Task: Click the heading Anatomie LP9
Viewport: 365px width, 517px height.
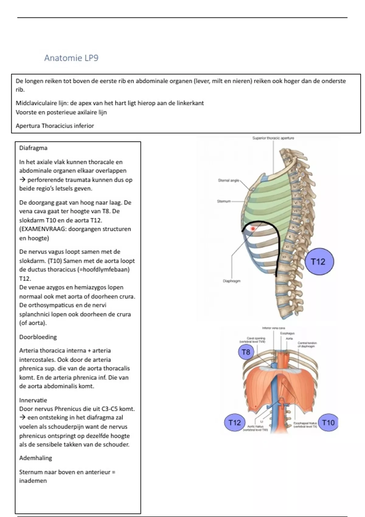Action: pyautogui.click(x=71, y=58)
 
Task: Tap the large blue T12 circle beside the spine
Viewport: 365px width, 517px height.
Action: pyautogui.click(x=318, y=262)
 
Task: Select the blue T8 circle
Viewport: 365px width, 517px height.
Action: pyautogui.click(x=246, y=352)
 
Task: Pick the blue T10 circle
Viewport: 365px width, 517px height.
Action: pyautogui.click(x=328, y=422)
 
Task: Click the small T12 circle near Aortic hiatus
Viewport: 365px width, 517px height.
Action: pyautogui.click(x=235, y=422)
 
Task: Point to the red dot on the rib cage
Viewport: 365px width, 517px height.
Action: pyautogui.click(x=253, y=228)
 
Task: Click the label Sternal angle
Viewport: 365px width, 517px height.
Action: pyautogui.click(x=228, y=180)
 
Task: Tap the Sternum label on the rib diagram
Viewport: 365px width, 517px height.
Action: pyautogui.click(x=224, y=201)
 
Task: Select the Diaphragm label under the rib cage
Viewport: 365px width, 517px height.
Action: pyautogui.click(x=231, y=281)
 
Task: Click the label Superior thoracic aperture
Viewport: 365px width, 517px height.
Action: pyautogui.click(x=273, y=138)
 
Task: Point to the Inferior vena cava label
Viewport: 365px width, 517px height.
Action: pyautogui.click(x=273, y=328)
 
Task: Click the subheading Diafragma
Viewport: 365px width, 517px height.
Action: pyautogui.click(x=33, y=148)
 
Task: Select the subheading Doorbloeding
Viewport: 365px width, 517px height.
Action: pyautogui.click(x=38, y=337)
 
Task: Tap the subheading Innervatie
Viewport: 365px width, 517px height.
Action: pyautogui.click(x=33, y=400)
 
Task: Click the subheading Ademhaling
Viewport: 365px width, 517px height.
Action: pyautogui.click(x=36, y=458)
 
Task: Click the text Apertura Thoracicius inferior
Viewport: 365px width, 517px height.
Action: pyautogui.click(x=55, y=126)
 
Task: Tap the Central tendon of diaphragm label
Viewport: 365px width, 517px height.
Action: pyautogui.click(x=307, y=345)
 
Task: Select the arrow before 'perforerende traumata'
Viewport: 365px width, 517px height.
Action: pyautogui.click(x=23, y=180)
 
